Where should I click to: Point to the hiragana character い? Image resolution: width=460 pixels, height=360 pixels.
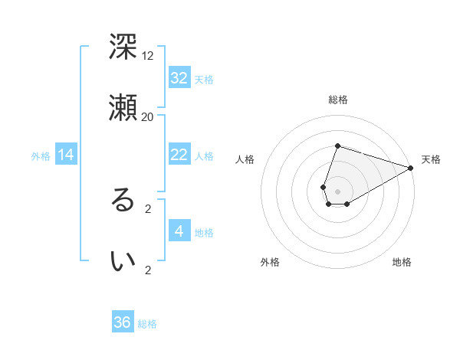point(123,261)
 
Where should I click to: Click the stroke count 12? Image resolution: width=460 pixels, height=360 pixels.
point(148,56)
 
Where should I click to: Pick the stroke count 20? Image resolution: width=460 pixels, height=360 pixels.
point(148,116)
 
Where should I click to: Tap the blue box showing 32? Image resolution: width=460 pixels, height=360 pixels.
point(179,77)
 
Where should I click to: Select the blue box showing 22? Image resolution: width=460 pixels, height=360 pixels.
point(179,154)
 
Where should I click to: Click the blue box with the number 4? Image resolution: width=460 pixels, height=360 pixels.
point(179,231)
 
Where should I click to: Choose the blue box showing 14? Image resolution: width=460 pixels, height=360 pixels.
point(66,155)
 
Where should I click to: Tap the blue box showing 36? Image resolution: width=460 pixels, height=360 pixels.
point(123,322)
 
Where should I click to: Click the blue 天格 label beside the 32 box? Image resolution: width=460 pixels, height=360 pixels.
point(204,79)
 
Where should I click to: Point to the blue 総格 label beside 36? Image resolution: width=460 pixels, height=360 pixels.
point(147,324)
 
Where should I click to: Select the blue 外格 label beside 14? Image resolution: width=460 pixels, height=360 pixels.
point(41,156)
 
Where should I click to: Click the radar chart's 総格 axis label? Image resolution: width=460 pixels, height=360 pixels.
point(338,100)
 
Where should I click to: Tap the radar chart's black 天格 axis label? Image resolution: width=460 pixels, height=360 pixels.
point(431,159)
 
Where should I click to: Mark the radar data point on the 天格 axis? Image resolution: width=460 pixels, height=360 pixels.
point(411,168)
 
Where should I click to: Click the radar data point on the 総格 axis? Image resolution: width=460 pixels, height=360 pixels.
point(337,146)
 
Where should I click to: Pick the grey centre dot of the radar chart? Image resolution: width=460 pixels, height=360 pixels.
point(337,191)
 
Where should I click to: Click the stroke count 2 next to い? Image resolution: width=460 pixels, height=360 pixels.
point(148,270)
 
